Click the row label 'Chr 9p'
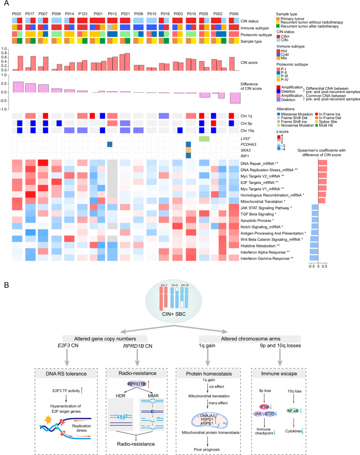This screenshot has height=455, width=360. click(250, 123)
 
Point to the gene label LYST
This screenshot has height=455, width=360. click(248, 138)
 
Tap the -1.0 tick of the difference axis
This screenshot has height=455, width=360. click(5, 110)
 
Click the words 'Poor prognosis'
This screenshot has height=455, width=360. click(201, 446)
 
